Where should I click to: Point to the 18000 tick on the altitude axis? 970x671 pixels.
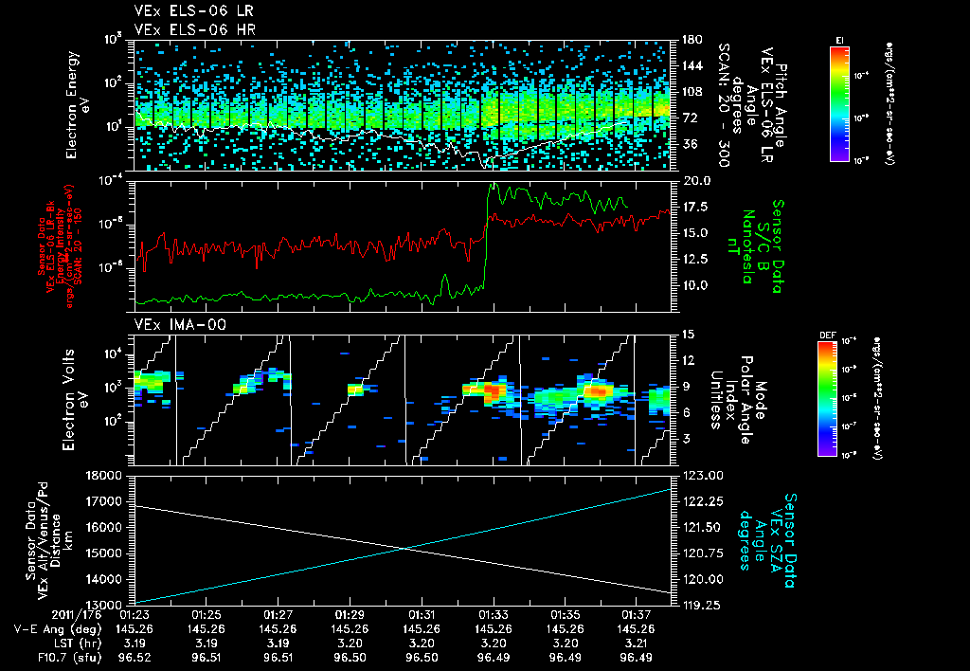click(x=106, y=475)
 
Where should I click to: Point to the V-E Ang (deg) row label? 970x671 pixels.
click(x=55, y=628)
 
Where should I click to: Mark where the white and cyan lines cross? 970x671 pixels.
click(x=404, y=548)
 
